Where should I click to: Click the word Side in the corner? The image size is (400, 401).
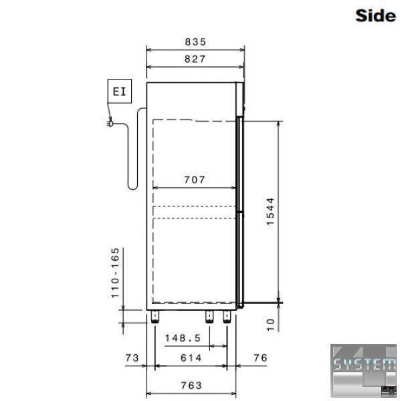point(375,15)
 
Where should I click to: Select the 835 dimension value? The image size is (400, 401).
point(195,41)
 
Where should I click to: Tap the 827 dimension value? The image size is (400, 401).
point(195,59)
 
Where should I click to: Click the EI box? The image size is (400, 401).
point(120,92)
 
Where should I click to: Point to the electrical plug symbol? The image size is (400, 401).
point(110,124)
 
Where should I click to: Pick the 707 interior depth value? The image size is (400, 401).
point(195,180)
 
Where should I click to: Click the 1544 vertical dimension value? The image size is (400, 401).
point(270,211)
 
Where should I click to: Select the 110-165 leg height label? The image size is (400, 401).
point(115,273)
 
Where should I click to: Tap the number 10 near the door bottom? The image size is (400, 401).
point(270,325)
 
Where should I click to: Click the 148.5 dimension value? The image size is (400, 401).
point(183,338)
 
